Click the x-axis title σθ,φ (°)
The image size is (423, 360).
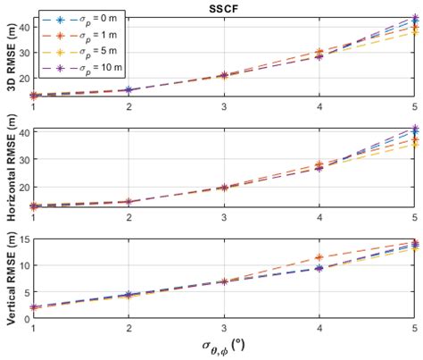pyautogui.click(x=224, y=344)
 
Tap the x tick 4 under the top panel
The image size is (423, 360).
pyautogui.click(x=319, y=107)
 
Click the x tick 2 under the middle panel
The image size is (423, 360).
pyautogui.click(x=129, y=218)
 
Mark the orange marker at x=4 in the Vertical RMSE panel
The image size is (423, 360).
pyautogui.click(x=319, y=257)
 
